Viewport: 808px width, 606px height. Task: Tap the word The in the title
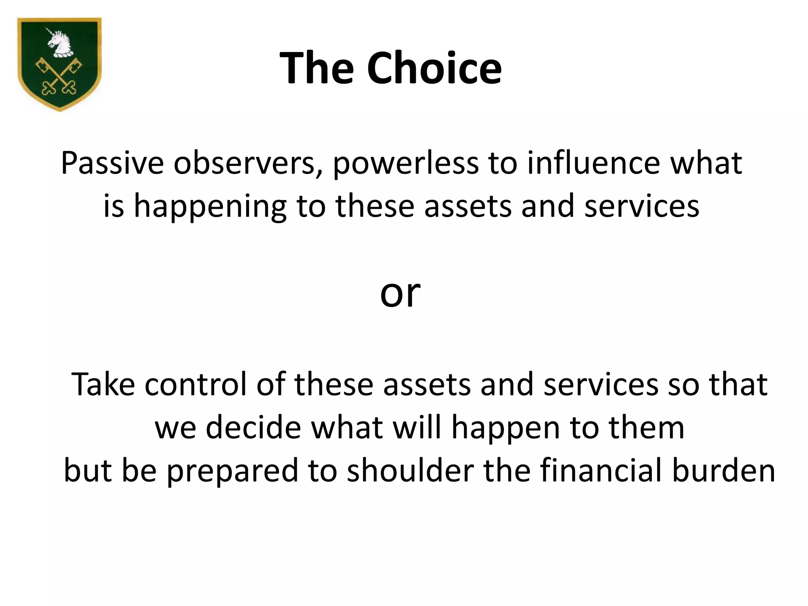pos(316,68)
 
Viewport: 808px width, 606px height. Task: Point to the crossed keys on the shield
pos(59,77)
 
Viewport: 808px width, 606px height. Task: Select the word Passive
pos(112,163)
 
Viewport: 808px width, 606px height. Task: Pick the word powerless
pos(406,163)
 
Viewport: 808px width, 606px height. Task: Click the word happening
pos(210,207)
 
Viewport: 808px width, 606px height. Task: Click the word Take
pos(103,384)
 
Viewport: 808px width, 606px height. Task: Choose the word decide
pos(253,428)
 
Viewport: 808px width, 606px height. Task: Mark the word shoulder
pos(410,470)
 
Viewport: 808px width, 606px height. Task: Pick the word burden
pos(724,470)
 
